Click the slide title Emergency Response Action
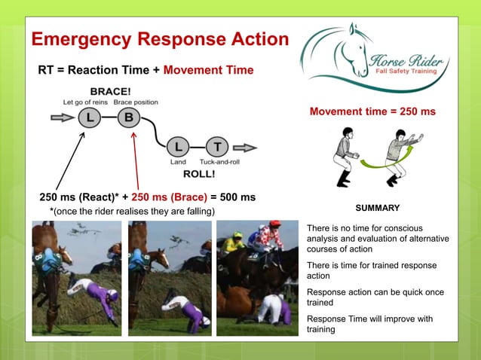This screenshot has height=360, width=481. coord(160,39)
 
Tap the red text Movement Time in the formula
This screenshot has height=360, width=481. coord(208,70)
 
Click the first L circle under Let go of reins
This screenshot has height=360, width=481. coord(89,117)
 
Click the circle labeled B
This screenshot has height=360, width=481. coord(128,117)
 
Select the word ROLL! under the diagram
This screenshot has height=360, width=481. coord(199,172)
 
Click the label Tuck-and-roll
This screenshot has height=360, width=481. coord(219,162)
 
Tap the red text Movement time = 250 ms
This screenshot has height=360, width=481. coord(372,112)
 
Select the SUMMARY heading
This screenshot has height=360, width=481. coord(377,208)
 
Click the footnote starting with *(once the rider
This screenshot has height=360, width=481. coord(127,212)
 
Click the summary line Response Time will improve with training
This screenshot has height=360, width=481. coord(369,324)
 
